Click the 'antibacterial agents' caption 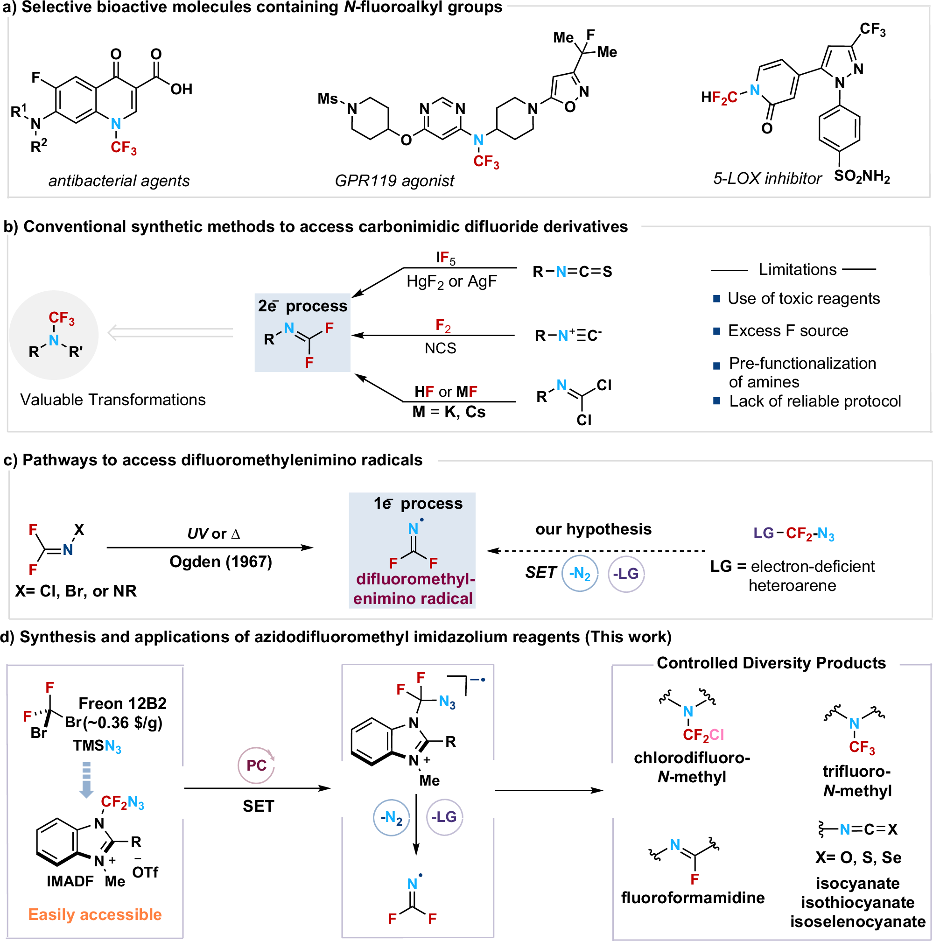click(119, 181)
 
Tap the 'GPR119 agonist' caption click(394, 181)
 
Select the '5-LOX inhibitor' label click(767, 178)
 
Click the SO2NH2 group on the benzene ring click(862, 176)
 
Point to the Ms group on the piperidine click(327, 99)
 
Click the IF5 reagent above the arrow click(446, 258)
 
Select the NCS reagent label click(440, 348)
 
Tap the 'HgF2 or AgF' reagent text click(451, 281)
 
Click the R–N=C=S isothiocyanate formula click(572, 271)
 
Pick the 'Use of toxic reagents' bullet click(803, 298)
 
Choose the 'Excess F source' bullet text click(787, 331)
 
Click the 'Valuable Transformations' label click(112, 400)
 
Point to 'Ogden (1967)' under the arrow click(221, 562)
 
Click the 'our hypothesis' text click(593, 529)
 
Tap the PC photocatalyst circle click(256, 765)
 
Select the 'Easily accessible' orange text click(95, 914)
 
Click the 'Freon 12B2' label click(122, 703)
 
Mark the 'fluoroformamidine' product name click(693, 897)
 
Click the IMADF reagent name click(70, 881)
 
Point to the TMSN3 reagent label click(97, 746)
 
